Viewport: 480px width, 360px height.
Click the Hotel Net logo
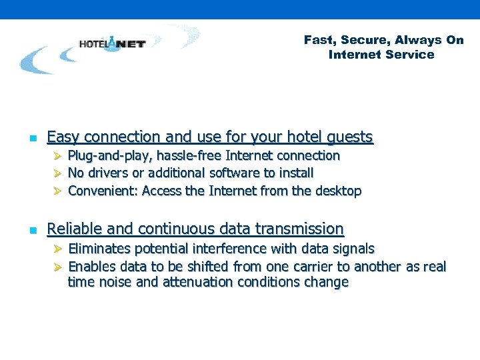112,44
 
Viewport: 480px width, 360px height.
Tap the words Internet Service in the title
381,55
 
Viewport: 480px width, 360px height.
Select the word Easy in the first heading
62,137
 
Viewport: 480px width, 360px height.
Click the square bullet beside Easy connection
31,139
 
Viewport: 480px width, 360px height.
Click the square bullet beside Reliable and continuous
31,231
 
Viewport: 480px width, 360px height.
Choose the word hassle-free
190,156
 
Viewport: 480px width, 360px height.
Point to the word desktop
338,191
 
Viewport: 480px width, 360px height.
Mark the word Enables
91,267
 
